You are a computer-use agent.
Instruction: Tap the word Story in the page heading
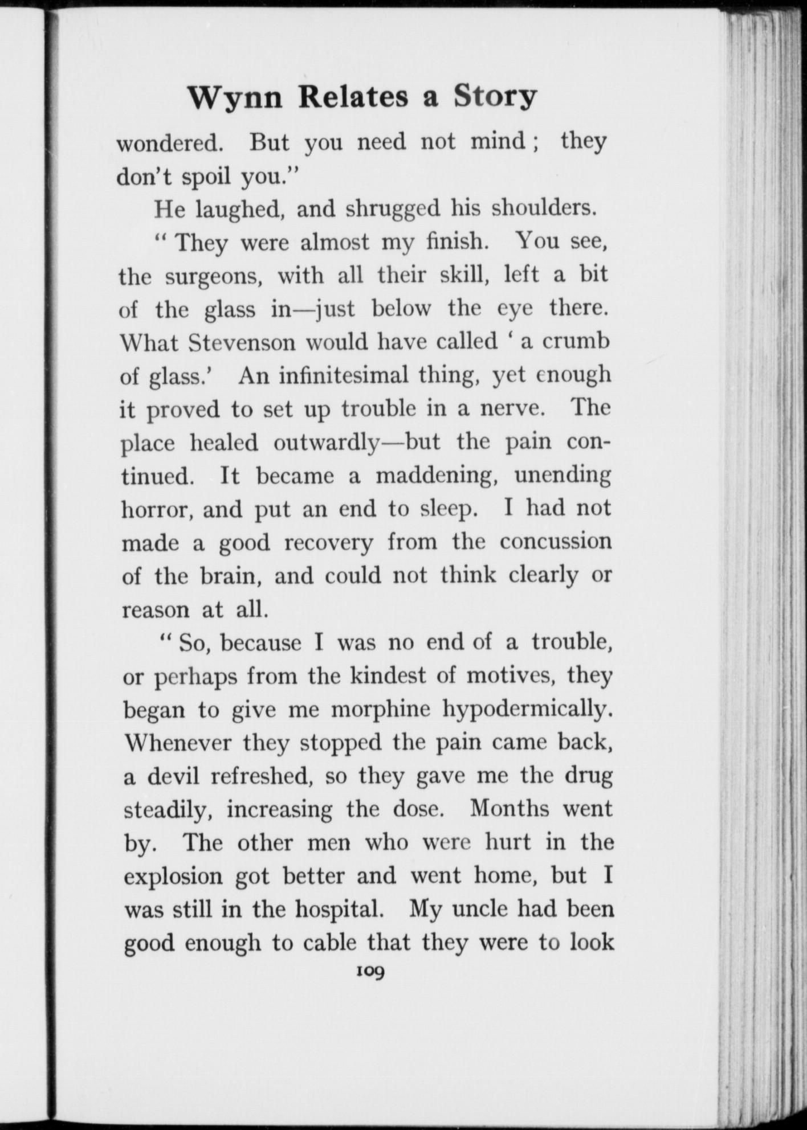[495, 97]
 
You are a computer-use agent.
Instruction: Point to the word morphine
[381, 710]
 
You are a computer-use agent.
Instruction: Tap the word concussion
[556, 542]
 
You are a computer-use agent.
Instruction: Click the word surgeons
[214, 277]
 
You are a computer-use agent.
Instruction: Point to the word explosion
[173, 876]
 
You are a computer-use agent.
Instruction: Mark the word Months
[510, 809]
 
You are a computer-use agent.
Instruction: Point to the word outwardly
[327, 443]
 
